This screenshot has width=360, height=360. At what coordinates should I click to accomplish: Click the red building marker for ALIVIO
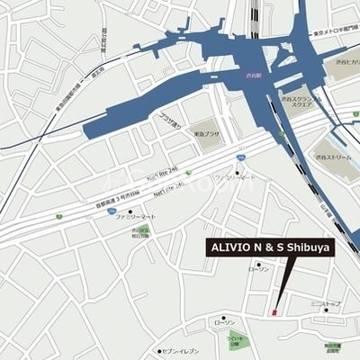tap(273, 311)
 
